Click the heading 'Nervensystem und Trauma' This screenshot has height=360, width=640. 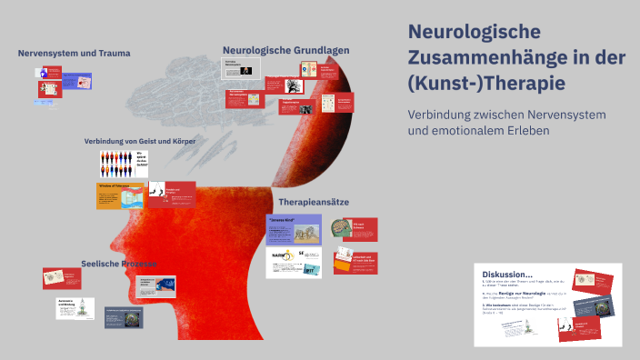coord(74,53)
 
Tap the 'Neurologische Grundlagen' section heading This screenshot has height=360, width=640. coord(285,50)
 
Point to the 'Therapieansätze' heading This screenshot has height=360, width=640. coord(314,201)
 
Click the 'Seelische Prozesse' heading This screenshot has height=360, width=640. coord(117,263)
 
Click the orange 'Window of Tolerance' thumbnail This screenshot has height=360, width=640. coord(120,195)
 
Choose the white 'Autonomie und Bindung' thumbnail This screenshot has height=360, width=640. coord(75,307)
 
